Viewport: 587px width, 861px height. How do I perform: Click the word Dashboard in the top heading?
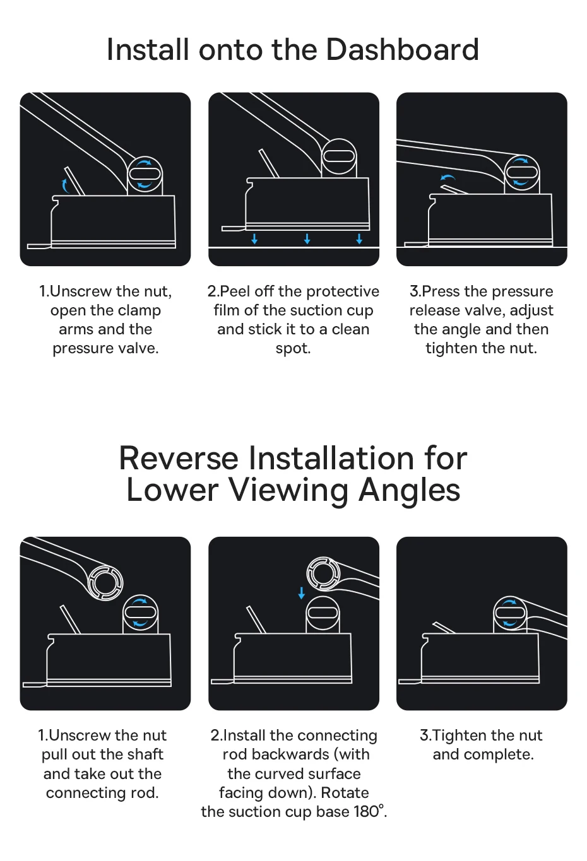point(402,50)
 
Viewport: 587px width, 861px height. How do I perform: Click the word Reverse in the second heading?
point(179,458)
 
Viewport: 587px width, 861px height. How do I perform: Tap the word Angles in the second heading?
point(409,491)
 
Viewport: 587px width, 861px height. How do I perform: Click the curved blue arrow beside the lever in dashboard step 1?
point(65,185)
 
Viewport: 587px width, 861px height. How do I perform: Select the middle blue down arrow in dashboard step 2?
point(307,238)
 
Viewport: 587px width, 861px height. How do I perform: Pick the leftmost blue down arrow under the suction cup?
point(254,238)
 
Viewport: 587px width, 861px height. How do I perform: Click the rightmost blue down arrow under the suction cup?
point(359,238)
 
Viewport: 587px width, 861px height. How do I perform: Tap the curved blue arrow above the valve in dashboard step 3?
point(448,177)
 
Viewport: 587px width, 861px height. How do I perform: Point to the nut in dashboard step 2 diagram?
point(338,157)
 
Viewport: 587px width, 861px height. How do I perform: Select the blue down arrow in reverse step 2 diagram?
point(302,593)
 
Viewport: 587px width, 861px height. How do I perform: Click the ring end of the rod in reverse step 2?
point(324,573)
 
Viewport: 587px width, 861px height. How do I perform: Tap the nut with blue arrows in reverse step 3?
point(510,613)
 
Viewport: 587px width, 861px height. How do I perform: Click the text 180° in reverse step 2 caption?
point(370,811)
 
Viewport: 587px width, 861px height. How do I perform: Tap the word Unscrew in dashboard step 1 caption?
point(80,291)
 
